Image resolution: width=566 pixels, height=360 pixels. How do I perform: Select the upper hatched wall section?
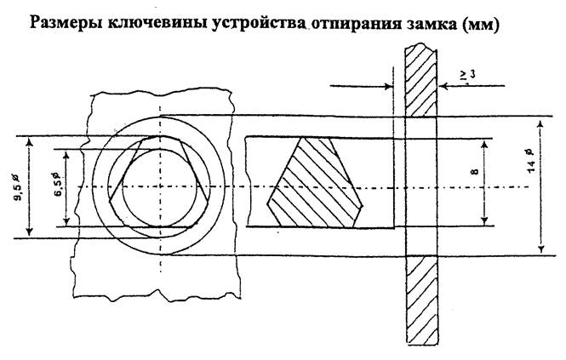click(420, 79)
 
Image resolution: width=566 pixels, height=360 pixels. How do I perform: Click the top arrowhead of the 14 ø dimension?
click(540, 121)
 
